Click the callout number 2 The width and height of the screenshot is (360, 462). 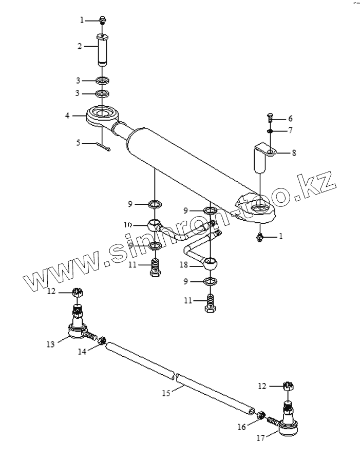click(x=80, y=46)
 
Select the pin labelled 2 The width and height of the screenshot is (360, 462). click(x=103, y=49)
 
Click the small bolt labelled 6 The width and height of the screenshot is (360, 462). click(x=270, y=119)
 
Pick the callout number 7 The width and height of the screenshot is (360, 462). click(x=290, y=130)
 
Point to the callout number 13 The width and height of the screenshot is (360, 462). click(x=50, y=344)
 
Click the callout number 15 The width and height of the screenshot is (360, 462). click(x=165, y=394)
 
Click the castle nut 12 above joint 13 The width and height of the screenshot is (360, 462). click(x=77, y=293)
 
